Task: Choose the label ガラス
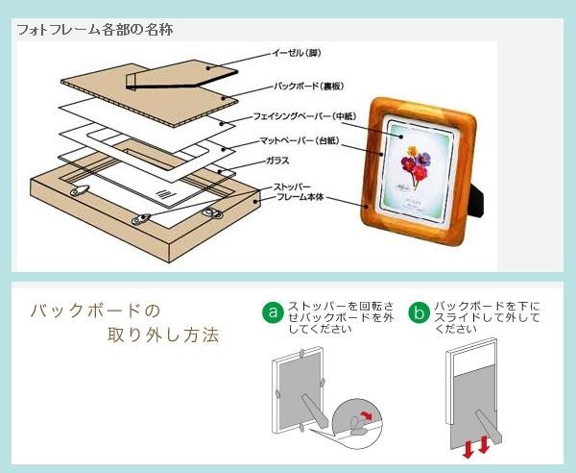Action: point(278,162)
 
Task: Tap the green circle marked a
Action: point(273,312)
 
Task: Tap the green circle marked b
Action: point(419,312)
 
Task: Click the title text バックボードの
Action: point(93,311)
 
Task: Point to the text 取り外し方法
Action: point(163,336)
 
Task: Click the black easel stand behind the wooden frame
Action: point(477,191)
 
